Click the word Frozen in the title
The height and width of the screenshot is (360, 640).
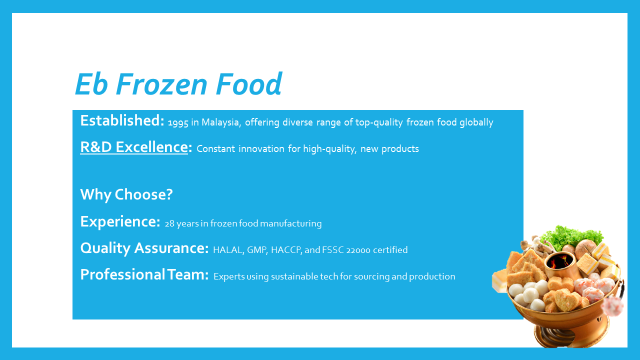click(x=161, y=84)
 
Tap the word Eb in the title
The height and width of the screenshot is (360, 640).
click(x=91, y=84)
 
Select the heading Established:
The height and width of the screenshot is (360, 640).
click(x=122, y=120)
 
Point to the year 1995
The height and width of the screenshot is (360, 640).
click(x=178, y=123)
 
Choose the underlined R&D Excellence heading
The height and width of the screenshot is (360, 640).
click(x=134, y=147)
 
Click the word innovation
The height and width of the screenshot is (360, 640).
click(x=261, y=148)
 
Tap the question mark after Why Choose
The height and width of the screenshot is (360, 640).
click(x=169, y=194)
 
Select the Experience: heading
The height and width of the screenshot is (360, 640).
click(x=120, y=221)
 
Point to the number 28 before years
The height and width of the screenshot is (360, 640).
click(x=169, y=223)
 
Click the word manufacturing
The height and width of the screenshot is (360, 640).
click(x=291, y=223)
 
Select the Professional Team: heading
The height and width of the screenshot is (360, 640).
click(x=144, y=274)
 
